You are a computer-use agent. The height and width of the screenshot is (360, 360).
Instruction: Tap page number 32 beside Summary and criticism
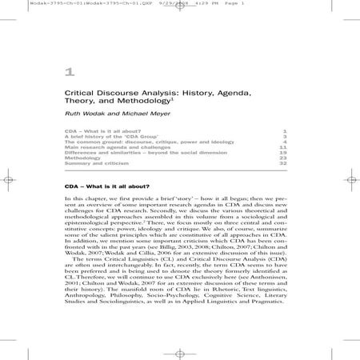click(283, 164)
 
